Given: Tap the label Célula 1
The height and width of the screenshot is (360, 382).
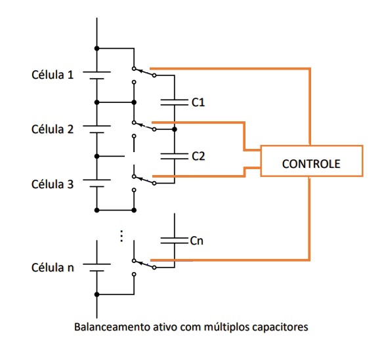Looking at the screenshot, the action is (53, 75).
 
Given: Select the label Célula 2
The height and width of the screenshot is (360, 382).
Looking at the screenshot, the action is (53, 129).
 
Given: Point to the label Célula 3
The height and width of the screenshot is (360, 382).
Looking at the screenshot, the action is (53, 184).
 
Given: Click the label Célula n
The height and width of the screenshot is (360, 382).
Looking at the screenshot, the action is (53, 268).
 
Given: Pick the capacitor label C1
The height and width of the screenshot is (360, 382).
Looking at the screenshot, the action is (198, 102).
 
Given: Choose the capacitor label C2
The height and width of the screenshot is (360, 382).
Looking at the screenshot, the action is (198, 156).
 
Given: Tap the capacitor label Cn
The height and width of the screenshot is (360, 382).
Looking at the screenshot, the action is (197, 241).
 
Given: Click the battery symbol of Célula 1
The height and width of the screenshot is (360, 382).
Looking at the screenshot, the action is (96, 75).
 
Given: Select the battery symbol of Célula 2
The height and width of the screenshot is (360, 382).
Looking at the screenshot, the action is (96, 129).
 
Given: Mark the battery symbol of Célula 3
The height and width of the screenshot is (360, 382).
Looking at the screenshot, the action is (96, 184).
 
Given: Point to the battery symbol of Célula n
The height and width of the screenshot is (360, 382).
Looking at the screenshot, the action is (96, 268).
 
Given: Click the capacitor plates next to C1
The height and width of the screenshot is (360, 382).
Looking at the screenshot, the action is (175, 102).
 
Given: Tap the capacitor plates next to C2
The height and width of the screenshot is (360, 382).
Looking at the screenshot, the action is (175, 156).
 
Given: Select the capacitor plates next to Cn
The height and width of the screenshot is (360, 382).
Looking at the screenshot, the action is (175, 241).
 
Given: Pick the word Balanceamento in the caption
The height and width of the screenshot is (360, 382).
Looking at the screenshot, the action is (112, 327).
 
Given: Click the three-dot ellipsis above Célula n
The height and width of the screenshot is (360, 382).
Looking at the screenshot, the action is (121, 236).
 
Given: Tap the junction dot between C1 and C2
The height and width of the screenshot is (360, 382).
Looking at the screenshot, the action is (175, 129).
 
